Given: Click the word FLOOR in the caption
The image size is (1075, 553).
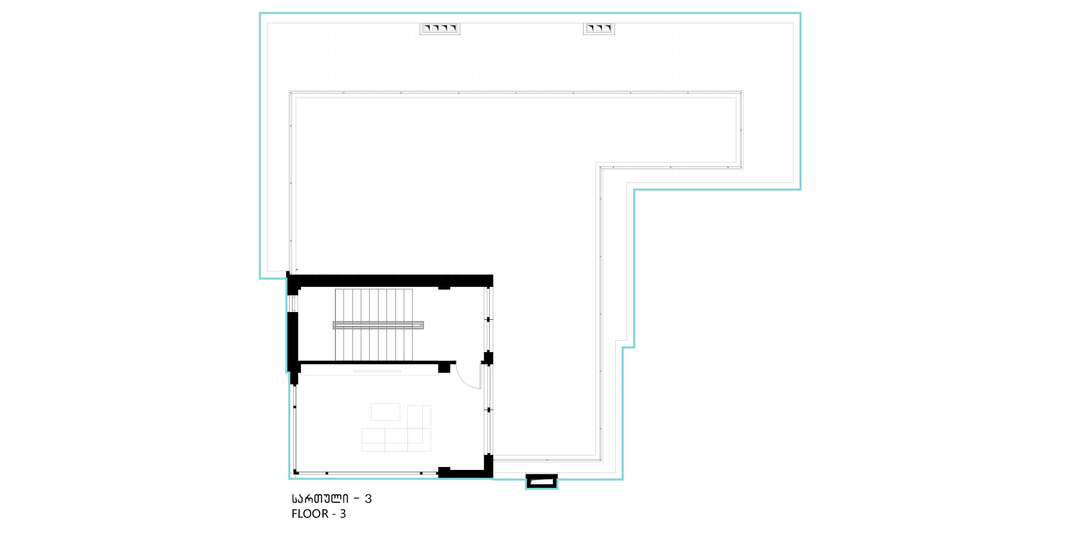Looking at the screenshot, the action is click(x=309, y=514).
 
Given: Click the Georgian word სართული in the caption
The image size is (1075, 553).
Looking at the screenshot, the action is click(x=320, y=499).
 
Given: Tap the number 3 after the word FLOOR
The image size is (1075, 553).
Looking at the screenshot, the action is click(x=343, y=514).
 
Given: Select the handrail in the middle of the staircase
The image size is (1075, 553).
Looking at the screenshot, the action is click(x=378, y=325).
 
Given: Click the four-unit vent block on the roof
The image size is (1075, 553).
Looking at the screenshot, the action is click(x=440, y=28).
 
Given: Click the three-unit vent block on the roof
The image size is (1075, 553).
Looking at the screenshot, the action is click(x=599, y=28).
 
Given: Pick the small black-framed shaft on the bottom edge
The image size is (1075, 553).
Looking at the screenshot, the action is click(x=542, y=481).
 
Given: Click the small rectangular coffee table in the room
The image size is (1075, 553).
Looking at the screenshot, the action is click(x=386, y=412).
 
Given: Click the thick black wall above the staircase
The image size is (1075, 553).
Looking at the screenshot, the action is click(x=391, y=280).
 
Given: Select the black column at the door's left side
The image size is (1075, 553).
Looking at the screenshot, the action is click(x=444, y=367).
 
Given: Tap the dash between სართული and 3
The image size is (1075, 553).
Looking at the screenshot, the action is click(x=357, y=499).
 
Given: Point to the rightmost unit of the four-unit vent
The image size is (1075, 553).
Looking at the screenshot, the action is click(x=453, y=28).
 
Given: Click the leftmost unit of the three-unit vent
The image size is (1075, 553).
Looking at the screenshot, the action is click(x=591, y=28).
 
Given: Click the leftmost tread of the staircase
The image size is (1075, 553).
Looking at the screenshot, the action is click(x=339, y=325).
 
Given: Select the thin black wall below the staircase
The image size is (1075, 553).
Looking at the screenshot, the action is click(x=377, y=362).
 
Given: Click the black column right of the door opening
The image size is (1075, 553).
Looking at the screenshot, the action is click(x=488, y=358).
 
